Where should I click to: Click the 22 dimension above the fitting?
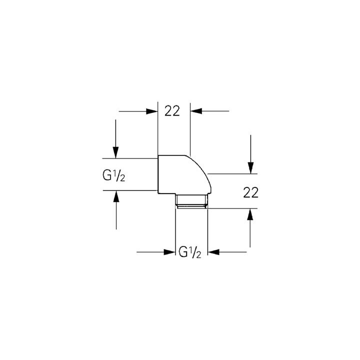[x=172, y=111]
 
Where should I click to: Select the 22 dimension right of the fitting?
[x=250, y=192]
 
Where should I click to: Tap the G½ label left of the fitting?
[x=114, y=176]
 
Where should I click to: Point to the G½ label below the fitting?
[x=190, y=252]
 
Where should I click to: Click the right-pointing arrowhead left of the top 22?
[x=152, y=111]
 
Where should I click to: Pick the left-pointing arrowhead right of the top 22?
[x=196, y=111]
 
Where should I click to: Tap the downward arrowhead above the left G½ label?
[x=115, y=152]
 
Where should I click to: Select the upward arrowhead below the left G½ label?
[x=116, y=196]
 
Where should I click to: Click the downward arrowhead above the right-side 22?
[x=250, y=168]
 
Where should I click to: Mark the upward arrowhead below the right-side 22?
[x=250, y=214]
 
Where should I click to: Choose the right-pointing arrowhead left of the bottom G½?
[x=169, y=252]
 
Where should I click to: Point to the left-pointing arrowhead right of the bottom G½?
[x=213, y=252]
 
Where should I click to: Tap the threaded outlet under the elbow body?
[x=191, y=201]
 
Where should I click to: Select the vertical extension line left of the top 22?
[x=157, y=128]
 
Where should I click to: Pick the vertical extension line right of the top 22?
[x=190, y=129]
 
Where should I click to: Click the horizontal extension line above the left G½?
[x=130, y=158]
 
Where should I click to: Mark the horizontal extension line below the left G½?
[x=130, y=190]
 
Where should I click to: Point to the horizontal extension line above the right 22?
[x=232, y=174]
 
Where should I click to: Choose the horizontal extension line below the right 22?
[x=232, y=208]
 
